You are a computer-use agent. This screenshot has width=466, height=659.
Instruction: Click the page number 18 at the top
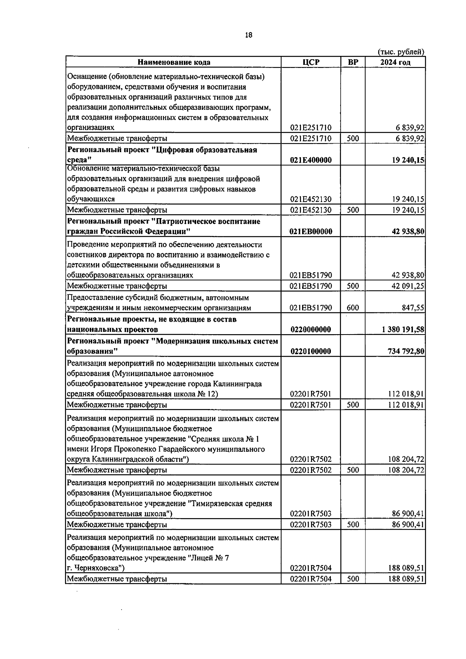[249, 35]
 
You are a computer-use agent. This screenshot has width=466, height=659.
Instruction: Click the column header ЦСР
[311, 62]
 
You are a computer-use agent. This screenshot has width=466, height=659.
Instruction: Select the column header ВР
[353, 62]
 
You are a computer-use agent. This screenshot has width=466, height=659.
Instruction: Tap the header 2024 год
[395, 62]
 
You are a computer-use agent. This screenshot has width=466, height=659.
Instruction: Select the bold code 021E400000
[311, 160]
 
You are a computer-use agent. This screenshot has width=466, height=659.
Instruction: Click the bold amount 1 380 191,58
[403, 329]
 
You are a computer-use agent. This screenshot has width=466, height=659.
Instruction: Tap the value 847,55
[413, 308]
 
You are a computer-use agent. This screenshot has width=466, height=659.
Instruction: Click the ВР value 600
[353, 308]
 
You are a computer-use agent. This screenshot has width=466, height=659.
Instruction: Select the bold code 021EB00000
[311, 232]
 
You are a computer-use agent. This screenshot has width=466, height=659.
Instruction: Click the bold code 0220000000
[311, 329]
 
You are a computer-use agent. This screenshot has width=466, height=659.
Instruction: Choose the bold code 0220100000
[311, 351]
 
